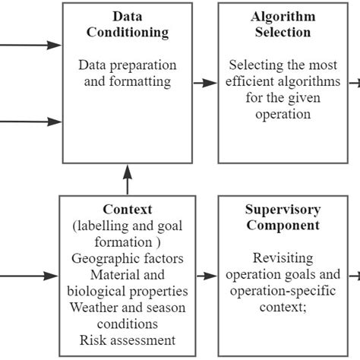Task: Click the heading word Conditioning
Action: [x=127, y=32]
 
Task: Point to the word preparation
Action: [x=144, y=65]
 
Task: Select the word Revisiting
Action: [x=283, y=258]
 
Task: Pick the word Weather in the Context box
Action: [x=94, y=308]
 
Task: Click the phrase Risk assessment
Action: [x=127, y=340]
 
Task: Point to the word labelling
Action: [x=106, y=226]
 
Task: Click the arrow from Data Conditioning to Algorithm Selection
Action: [x=204, y=83]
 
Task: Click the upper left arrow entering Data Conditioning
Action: [x=30, y=46]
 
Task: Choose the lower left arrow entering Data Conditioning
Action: [x=30, y=121]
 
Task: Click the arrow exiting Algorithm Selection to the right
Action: [x=354, y=83]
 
